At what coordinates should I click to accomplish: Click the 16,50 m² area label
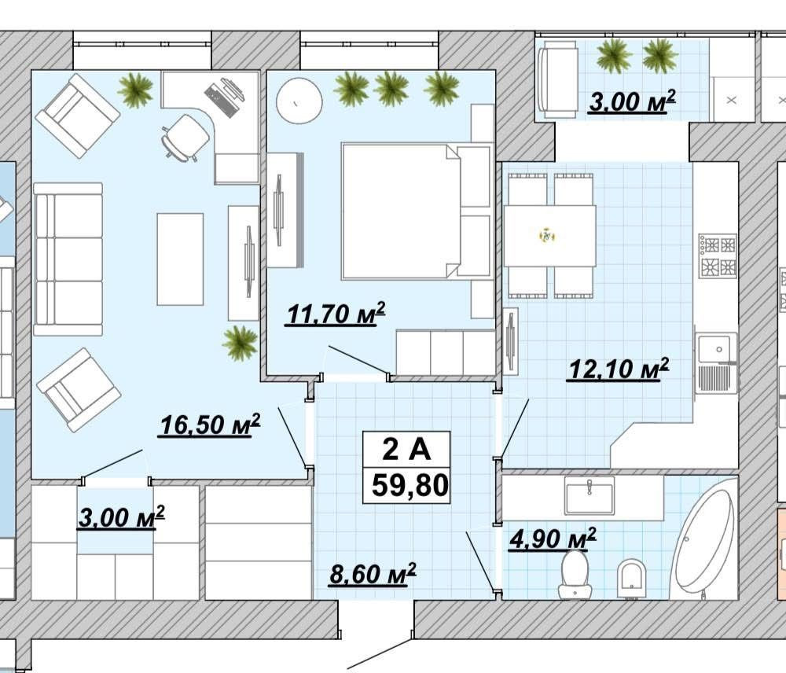[x=210, y=425]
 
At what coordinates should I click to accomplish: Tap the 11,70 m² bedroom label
[x=336, y=314]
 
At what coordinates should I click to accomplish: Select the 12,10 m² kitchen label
[x=618, y=369]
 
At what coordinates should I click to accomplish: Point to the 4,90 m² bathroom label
[x=553, y=539]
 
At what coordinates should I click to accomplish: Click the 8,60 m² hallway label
[x=373, y=573]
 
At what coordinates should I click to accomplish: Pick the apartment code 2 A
[x=406, y=449]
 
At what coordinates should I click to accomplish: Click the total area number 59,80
[x=410, y=485]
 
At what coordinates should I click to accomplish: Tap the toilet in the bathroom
[x=575, y=576]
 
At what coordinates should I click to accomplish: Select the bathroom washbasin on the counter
[x=589, y=495]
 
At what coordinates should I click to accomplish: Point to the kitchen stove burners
[x=718, y=256]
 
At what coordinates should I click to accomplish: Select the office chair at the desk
[x=185, y=138]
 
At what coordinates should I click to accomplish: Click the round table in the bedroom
[x=299, y=101]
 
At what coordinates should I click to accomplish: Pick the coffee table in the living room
[x=181, y=259]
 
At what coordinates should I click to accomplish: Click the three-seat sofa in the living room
[x=68, y=259]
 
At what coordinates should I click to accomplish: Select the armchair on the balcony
[x=557, y=79]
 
